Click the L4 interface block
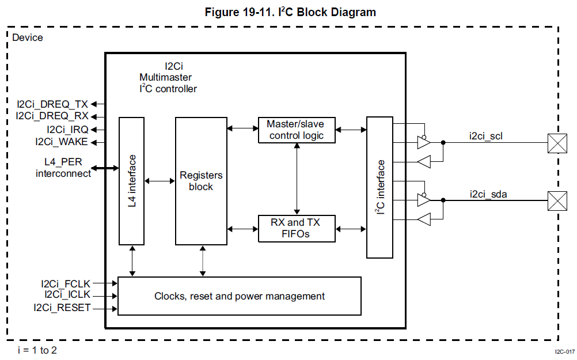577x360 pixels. point(131,181)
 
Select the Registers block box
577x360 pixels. point(201,181)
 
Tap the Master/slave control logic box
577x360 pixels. point(296,130)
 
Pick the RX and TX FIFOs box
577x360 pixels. point(296,229)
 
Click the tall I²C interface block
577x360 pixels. point(379,187)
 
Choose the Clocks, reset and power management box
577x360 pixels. point(239,296)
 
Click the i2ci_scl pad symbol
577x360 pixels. point(556,142)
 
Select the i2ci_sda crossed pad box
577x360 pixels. point(556,200)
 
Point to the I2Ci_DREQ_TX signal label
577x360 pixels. point(52,104)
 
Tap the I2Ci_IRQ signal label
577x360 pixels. point(67,130)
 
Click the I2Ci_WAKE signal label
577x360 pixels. point(62,142)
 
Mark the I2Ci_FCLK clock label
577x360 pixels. point(66,283)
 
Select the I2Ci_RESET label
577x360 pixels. point(62,308)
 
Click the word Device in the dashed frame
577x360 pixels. point(27,37)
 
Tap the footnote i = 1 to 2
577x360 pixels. point(37,350)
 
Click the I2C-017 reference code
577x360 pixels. point(564,351)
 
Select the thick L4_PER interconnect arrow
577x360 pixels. point(107,168)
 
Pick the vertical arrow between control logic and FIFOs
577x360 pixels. point(297,178)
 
